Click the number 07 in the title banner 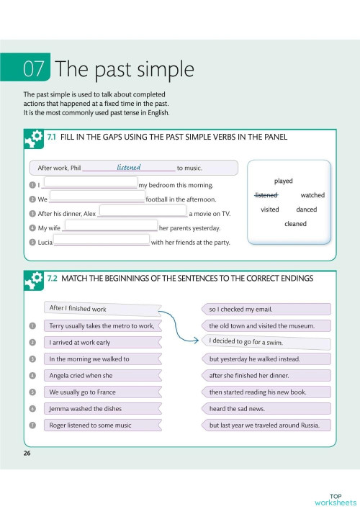pos(34,69)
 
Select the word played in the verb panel pos(284,181)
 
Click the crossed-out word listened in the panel pos(266,195)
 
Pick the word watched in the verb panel pos(312,195)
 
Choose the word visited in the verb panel pos(269,210)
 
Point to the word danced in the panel pos(307,210)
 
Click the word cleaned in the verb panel pos(295,224)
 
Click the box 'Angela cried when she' pos(100,375)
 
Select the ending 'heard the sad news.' pos(266,408)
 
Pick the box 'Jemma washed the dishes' pos(100,408)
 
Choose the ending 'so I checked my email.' pos(266,309)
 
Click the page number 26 pos(27,453)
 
